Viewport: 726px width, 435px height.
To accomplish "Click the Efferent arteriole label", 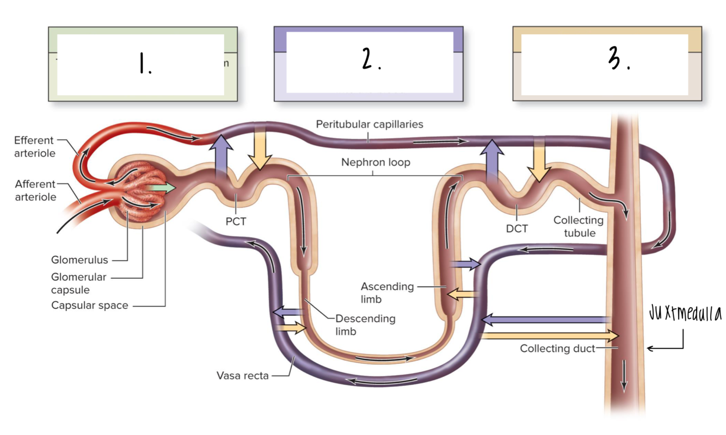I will tap(34, 147).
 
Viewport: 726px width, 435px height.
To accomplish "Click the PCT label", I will tap(236, 221).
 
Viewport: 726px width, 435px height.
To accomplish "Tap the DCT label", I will tap(516, 229).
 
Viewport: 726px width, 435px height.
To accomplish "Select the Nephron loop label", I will tap(376, 162).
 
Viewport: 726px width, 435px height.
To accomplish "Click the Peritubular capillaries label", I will tap(370, 124).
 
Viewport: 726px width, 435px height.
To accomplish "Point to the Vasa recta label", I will tap(242, 375).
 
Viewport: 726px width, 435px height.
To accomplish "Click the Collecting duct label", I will tap(557, 349).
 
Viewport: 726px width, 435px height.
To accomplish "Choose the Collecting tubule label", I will tap(578, 226).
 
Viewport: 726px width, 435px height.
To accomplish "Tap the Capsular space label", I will tap(90, 305).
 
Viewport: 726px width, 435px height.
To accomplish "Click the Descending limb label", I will tap(365, 324).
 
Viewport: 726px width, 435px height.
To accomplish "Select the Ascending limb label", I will tap(387, 293).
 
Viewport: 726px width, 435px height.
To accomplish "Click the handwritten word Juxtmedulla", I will tap(685, 314).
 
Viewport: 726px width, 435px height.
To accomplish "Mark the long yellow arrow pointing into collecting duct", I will tap(550, 335).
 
